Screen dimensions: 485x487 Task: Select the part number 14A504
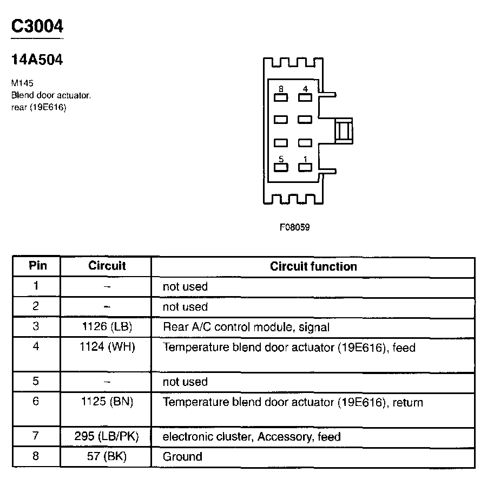[37, 60]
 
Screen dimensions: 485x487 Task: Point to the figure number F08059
[294, 227]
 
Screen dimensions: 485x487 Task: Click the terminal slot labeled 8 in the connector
[280, 97]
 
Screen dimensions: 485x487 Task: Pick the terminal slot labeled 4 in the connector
[305, 97]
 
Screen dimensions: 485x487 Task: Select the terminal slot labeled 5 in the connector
[280, 167]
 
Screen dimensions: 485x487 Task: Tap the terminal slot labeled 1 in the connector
[305, 167]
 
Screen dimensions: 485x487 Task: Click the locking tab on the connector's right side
[343, 132]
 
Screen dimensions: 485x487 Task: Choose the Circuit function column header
[313, 266]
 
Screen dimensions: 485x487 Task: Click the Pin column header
[37, 266]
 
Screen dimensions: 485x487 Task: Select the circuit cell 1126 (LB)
[107, 327]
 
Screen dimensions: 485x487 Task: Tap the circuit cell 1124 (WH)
[107, 347]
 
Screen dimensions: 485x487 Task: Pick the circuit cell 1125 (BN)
[107, 402]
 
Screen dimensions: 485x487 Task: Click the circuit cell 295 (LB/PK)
[107, 436]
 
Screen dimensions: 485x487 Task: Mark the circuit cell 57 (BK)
[107, 456]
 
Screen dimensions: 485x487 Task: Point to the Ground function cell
[182, 456]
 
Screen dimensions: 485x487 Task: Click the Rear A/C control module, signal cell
[246, 327]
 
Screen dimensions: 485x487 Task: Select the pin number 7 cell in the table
[36, 436]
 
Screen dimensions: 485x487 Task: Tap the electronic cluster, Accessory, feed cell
[252, 436]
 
